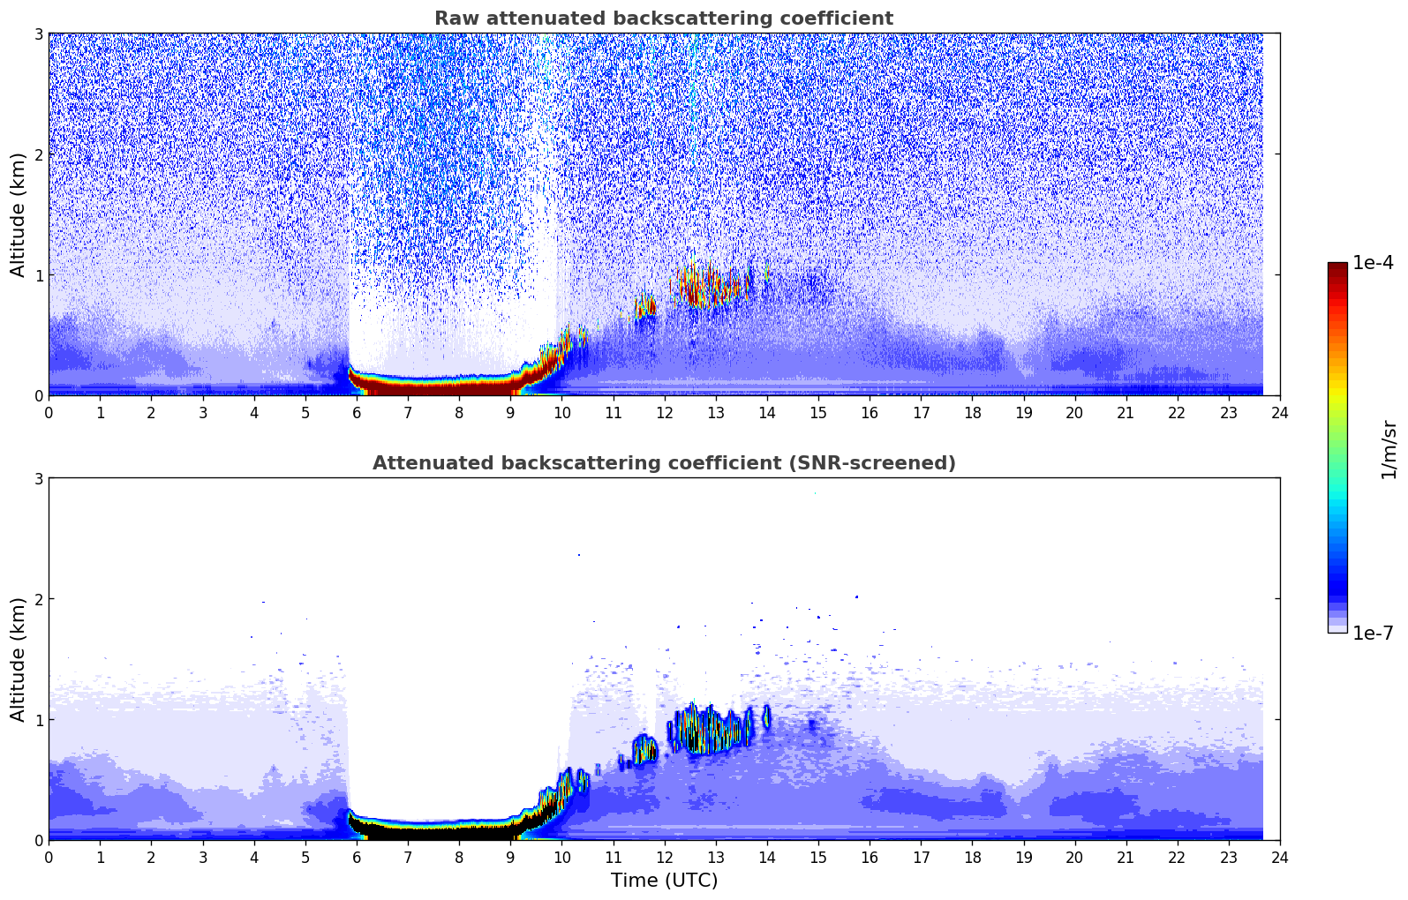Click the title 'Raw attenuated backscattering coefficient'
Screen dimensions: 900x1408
pyautogui.click(x=663, y=19)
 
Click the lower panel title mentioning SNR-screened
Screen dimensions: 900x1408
pyautogui.click(x=663, y=463)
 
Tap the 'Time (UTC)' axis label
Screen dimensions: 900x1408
pyautogui.click(x=664, y=880)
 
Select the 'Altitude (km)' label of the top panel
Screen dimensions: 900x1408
pyautogui.click(x=18, y=214)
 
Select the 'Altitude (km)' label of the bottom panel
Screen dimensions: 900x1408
pyautogui.click(x=18, y=659)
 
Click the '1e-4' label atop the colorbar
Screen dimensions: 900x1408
pyautogui.click(x=1373, y=263)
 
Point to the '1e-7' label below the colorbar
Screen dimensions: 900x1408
pyautogui.click(x=1373, y=633)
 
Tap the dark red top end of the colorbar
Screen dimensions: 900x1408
pyautogui.click(x=1337, y=267)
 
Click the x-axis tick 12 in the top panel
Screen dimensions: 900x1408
pyautogui.click(x=664, y=412)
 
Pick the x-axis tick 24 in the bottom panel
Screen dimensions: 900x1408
pyautogui.click(x=1279, y=857)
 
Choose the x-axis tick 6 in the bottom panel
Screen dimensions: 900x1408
pyautogui.click(x=357, y=857)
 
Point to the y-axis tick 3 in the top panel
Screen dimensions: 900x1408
pyautogui.click(x=38, y=34)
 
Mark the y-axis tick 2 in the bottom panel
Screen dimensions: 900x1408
pyautogui.click(x=38, y=599)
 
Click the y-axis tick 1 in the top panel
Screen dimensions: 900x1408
pyautogui.click(x=38, y=275)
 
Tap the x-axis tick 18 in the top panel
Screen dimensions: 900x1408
pyautogui.click(x=972, y=412)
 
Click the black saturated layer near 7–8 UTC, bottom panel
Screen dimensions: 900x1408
pyautogui.click(x=433, y=830)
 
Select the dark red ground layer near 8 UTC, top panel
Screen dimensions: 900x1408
pyautogui.click(x=459, y=386)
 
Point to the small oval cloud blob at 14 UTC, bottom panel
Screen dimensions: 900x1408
pyautogui.click(x=766, y=716)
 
